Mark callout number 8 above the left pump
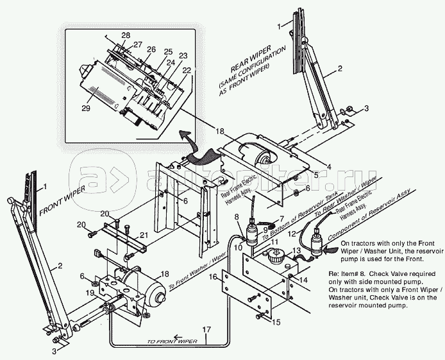[x=237, y=217]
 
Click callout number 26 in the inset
[x=151, y=49]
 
